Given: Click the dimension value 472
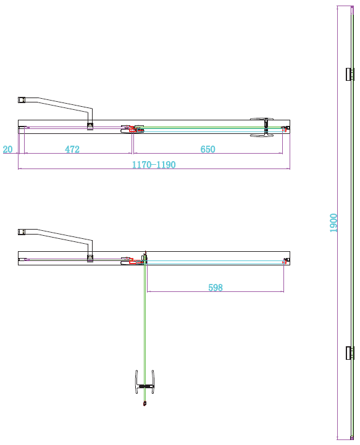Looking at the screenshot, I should click(72, 149).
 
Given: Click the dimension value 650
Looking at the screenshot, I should click(207, 149).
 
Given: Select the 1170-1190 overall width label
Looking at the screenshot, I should click(154, 165).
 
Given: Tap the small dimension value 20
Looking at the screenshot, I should click(7, 149).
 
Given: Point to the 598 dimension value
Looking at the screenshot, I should click(215, 288).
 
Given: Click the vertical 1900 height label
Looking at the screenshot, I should click(333, 222).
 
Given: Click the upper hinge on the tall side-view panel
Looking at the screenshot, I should click(350, 75).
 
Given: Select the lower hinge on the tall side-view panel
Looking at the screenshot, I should click(350, 353).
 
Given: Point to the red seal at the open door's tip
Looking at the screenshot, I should click(144, 404).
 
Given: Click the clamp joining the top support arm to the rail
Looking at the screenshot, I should click(90, 127).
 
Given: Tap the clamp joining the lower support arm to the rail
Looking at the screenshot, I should click(90, 258).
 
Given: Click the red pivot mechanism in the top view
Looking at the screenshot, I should click(132, 128).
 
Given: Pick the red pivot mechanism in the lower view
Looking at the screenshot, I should click(132, 260).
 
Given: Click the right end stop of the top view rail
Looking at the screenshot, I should click(285, 128).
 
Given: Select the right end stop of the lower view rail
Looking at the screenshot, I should click(285, 260).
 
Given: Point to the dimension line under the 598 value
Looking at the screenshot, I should click(215, 293).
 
